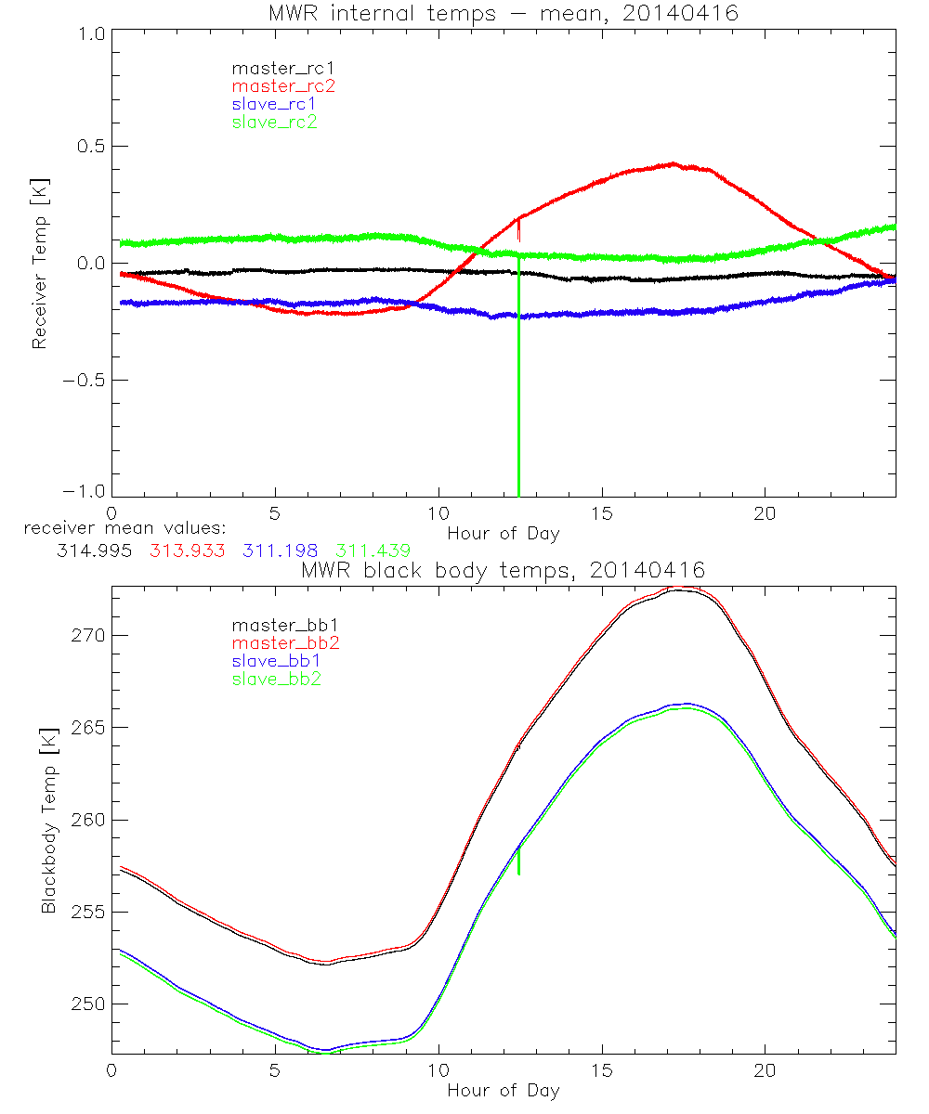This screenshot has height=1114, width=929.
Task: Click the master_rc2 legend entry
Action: (x=282, y=86)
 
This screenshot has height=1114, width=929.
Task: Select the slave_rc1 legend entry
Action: (x=274, y=104)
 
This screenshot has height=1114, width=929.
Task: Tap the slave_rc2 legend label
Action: (x=274, y=122)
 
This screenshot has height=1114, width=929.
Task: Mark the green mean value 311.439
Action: (x=373, y=551)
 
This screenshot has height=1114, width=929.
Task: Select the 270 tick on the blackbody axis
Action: (x=87, y=636)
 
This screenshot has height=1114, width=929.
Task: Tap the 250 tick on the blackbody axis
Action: (x=87, y=1004)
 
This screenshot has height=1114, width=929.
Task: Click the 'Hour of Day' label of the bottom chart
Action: (x=503, y=1090)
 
